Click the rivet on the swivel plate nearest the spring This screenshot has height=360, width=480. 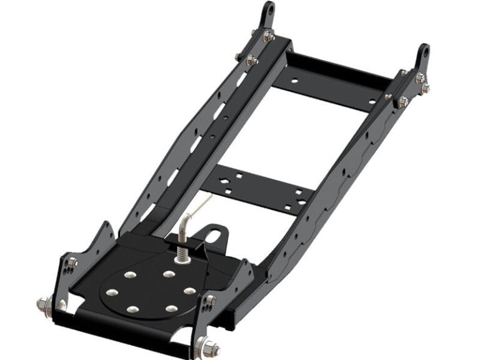click(169, 274)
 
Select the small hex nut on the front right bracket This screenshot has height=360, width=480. click(211, 301)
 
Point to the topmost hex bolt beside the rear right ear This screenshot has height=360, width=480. click(421, 77)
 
